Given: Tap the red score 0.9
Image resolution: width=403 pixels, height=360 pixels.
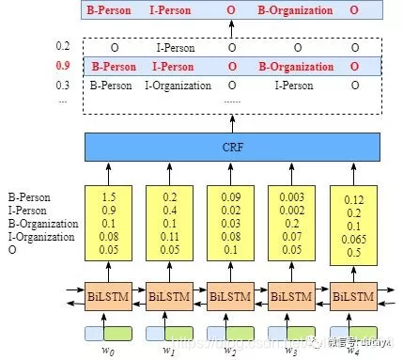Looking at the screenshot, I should coord(64,67).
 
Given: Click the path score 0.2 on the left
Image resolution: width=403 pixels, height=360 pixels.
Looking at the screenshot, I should coord(63,47).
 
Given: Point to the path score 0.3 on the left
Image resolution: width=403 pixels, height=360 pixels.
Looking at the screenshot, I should coord(63,86).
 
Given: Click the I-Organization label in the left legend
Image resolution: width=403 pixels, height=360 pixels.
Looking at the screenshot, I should coord(41,238).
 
